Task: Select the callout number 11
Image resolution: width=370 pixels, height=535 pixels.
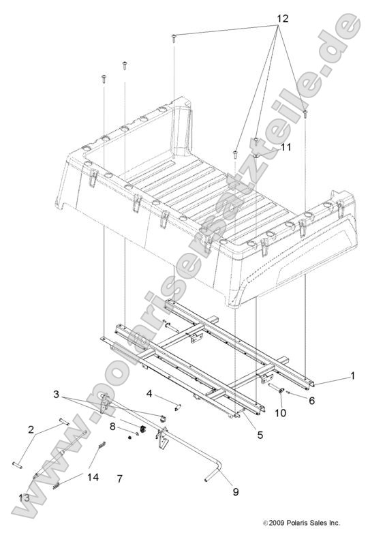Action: click(266, 147)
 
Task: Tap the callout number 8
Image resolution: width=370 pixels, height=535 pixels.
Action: click(113, 427)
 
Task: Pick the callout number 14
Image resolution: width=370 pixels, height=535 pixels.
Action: click(93, 477)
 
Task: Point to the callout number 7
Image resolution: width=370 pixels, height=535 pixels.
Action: click(119, 479)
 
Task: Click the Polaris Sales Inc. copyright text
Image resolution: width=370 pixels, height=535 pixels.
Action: click(301, 523)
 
